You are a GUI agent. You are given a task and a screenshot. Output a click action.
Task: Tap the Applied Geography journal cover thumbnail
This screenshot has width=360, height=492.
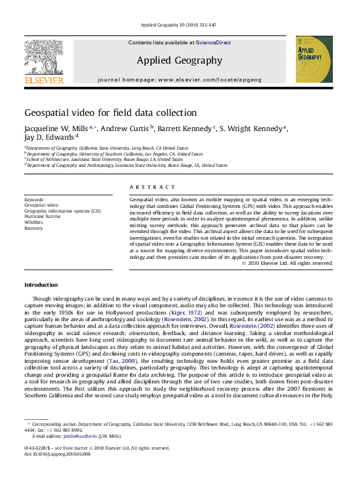pyautogui.click(x=314, y=60)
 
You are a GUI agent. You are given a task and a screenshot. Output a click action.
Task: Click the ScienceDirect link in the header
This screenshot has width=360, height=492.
pyautogui.click(x=214, y=42)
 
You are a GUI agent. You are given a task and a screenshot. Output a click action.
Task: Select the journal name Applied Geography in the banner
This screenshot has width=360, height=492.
pyautogui.click(x=179, y=60)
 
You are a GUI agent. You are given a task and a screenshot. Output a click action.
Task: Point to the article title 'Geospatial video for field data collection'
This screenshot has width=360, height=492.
pyautogui.click(x=111, y=113)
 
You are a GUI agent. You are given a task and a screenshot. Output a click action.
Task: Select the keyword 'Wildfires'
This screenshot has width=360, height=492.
pyautogui.click(x=34, y=222)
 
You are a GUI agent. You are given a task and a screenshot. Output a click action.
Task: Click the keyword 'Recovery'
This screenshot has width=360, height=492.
pyautogui.click(x=34, y=228)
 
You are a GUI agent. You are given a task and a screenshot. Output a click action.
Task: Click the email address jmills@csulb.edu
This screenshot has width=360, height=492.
pyautogui.click(x=79, y=436)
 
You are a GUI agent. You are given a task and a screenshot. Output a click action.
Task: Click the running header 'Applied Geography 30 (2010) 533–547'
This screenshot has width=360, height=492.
pyautogui.click(x=179, y=26)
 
